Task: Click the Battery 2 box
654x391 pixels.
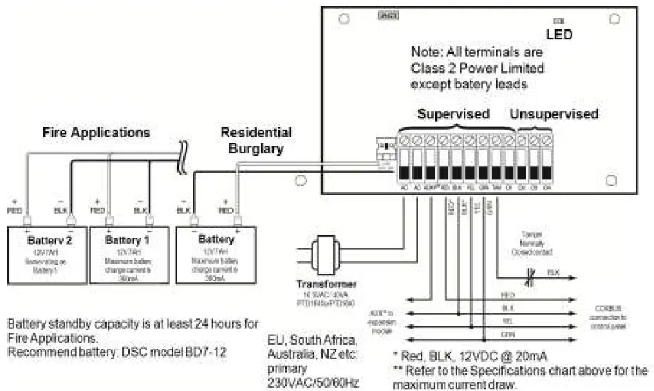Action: coord(46,254)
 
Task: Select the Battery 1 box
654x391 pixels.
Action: coord(128,254)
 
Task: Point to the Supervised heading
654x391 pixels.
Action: coord(454,114)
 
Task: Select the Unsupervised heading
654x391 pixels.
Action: coord(554,114)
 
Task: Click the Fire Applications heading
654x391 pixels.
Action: coord(96,133)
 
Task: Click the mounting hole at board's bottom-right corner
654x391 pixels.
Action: coord(611,178)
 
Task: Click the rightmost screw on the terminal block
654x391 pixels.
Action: coord(547,139)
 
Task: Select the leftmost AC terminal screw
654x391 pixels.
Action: coord(404,139)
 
